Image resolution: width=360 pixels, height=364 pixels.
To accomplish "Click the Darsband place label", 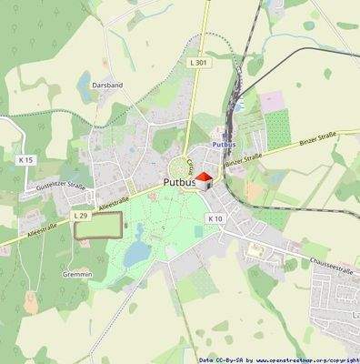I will point(106,84).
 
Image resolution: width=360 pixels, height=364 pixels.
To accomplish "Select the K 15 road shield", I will point(25,160).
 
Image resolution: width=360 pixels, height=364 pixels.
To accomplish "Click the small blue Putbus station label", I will point(223,144).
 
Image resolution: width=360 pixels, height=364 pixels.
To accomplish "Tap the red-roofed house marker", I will point(205,178).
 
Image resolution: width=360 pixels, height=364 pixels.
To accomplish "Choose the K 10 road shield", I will point(215,218).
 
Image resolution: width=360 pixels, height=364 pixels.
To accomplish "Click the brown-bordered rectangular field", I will point(97,225).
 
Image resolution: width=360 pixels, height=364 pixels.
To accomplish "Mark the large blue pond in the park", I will point(137,252).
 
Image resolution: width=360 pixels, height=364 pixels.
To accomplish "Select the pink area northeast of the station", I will point(272,101).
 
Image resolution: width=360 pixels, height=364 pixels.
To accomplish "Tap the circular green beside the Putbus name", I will point(179,166).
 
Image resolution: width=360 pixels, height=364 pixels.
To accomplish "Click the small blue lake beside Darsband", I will point(85,87).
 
